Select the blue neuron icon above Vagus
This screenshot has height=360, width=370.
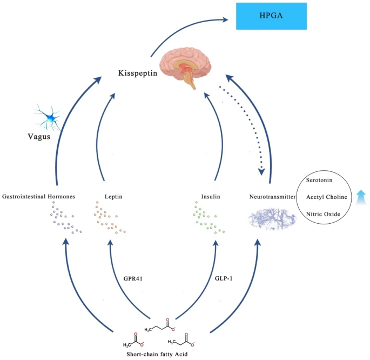click(48, 116)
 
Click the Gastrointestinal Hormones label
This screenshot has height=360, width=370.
click(38, 197)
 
